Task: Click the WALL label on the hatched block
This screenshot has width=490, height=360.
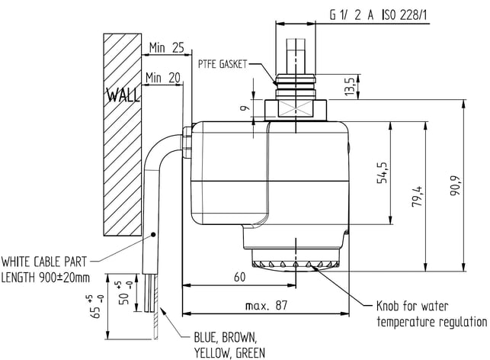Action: coord(123,95)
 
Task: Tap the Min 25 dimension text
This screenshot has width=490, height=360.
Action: coord(167,48)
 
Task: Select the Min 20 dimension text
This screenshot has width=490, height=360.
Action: coord(163,78)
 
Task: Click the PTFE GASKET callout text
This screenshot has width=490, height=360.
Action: coord(223,64)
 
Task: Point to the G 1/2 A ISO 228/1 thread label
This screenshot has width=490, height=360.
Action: coord(378,15)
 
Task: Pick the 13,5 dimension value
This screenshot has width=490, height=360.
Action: coord(349,86)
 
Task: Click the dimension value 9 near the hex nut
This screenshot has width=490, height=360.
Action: coord(245,108)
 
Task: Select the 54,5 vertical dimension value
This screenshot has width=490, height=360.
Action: coord(383,172)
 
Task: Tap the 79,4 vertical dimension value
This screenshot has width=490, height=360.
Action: coord(417,197)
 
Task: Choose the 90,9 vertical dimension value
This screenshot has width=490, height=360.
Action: coord(455,186)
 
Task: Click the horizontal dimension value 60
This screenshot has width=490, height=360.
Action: coord(240,277)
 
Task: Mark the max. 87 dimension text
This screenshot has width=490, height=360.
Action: coord(266,305)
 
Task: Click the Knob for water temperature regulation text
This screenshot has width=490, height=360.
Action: coord(431,314)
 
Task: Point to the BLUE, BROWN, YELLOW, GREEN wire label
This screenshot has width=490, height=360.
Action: coord(229,346)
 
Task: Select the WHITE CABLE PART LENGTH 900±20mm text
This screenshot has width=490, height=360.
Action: coord(45,269)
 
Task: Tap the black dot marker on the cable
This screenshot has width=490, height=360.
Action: coord(153,234)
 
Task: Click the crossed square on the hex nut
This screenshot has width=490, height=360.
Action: coord(295,110)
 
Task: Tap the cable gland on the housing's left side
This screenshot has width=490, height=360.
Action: coord(187,142)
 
